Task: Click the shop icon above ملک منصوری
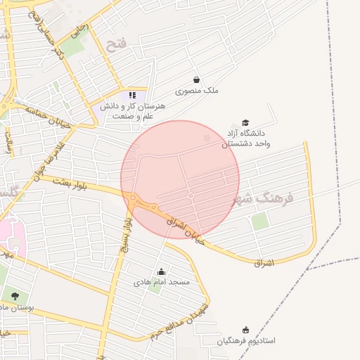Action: (x=196, y=79)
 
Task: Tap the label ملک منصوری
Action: (x=197, y=91)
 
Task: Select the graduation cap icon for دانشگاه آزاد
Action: (x=245, y=122)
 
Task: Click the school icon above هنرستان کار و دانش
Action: (x=131, y=94)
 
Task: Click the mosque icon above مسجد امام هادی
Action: (x=162, y=271)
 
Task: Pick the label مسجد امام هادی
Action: (x=162, y=282)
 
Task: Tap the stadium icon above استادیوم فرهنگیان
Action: (x=245, y=330)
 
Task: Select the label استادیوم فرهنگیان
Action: (x=245, y=341)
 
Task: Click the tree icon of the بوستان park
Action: (x=15, y=296)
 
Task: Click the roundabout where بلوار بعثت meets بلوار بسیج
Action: (x=133, y=198)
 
